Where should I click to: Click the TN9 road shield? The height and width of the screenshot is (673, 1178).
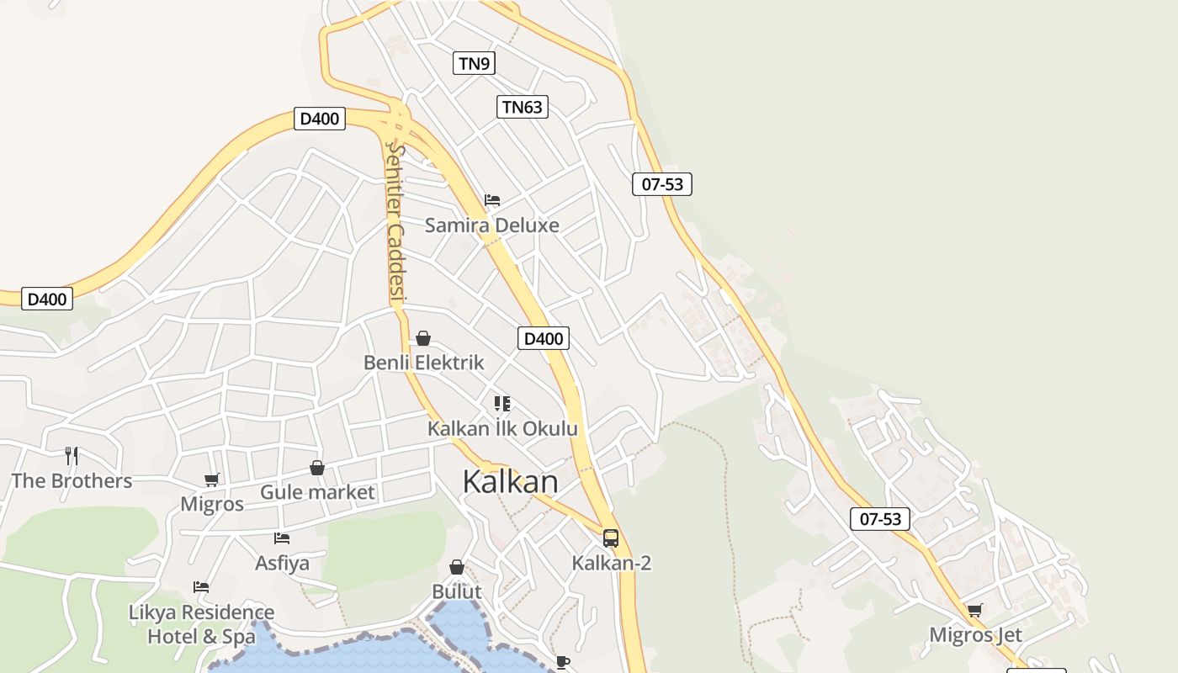(x=474, y=63)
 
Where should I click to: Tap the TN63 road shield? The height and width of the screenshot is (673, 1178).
(x=522, y=107)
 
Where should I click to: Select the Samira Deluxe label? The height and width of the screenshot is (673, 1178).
(x=491, y=225)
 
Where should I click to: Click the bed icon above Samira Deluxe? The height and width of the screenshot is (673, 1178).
(x=492, y=200)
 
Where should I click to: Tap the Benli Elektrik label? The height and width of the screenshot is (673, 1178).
(x=423, y=363)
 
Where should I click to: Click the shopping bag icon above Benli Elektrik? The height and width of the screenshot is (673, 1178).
(x=423, y=338)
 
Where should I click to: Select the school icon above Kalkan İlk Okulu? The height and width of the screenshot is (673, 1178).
(x=502, y=404)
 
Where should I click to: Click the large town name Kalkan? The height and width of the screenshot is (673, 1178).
(x=510, y=482)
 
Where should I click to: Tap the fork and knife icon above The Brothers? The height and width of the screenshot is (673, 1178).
(x=72, y=456)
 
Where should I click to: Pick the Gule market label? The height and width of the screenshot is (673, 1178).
(x=317, y=492)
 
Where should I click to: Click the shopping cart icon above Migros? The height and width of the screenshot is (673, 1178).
(x=212, y=480)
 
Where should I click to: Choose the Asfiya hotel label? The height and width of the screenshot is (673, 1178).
(x=282, y=563)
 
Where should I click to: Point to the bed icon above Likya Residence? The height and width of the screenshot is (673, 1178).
(x=201, y=587)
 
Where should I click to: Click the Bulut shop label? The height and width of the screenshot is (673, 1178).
(x=457, y=591)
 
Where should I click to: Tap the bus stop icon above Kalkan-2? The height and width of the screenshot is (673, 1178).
(x=611, y=538)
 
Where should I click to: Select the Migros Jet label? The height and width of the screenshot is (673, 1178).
(x=975, y=635)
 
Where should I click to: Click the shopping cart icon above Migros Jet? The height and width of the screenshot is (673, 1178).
(x=974, y=610)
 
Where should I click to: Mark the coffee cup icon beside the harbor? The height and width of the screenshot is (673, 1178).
(x=563, y=662)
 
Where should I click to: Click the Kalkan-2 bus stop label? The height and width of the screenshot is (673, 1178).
(x=612, y=563)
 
